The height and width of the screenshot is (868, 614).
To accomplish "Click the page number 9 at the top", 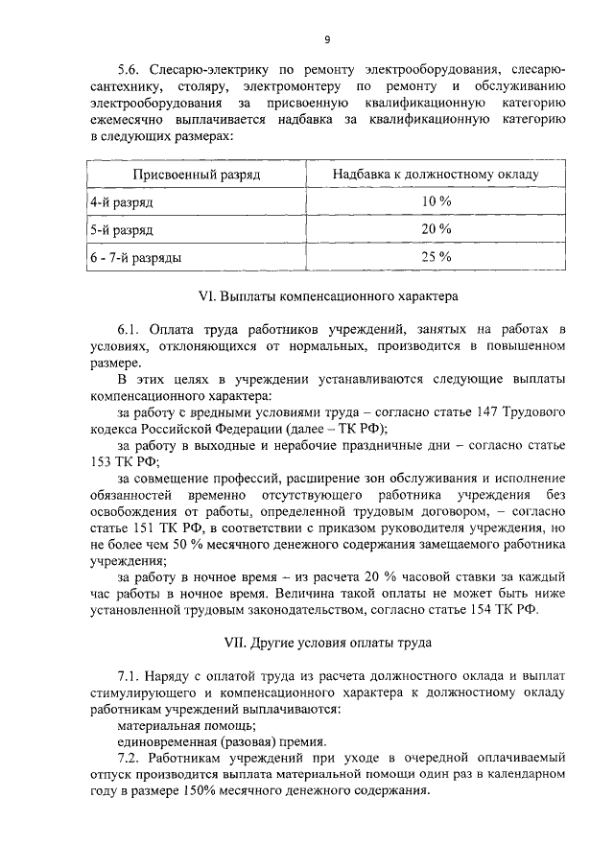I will coord(327,39).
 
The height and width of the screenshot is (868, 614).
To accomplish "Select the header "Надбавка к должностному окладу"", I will coord(436,175).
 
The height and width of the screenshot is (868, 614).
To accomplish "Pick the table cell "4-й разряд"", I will coord(122,202).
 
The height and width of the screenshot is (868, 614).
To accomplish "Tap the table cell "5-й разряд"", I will coord(122,230).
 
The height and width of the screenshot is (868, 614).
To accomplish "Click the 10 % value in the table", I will coord(436,201).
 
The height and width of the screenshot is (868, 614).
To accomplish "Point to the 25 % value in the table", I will coord(436,256).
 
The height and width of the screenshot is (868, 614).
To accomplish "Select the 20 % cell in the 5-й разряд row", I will coord(436,229).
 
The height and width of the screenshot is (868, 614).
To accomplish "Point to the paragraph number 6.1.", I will coord(129,331).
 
